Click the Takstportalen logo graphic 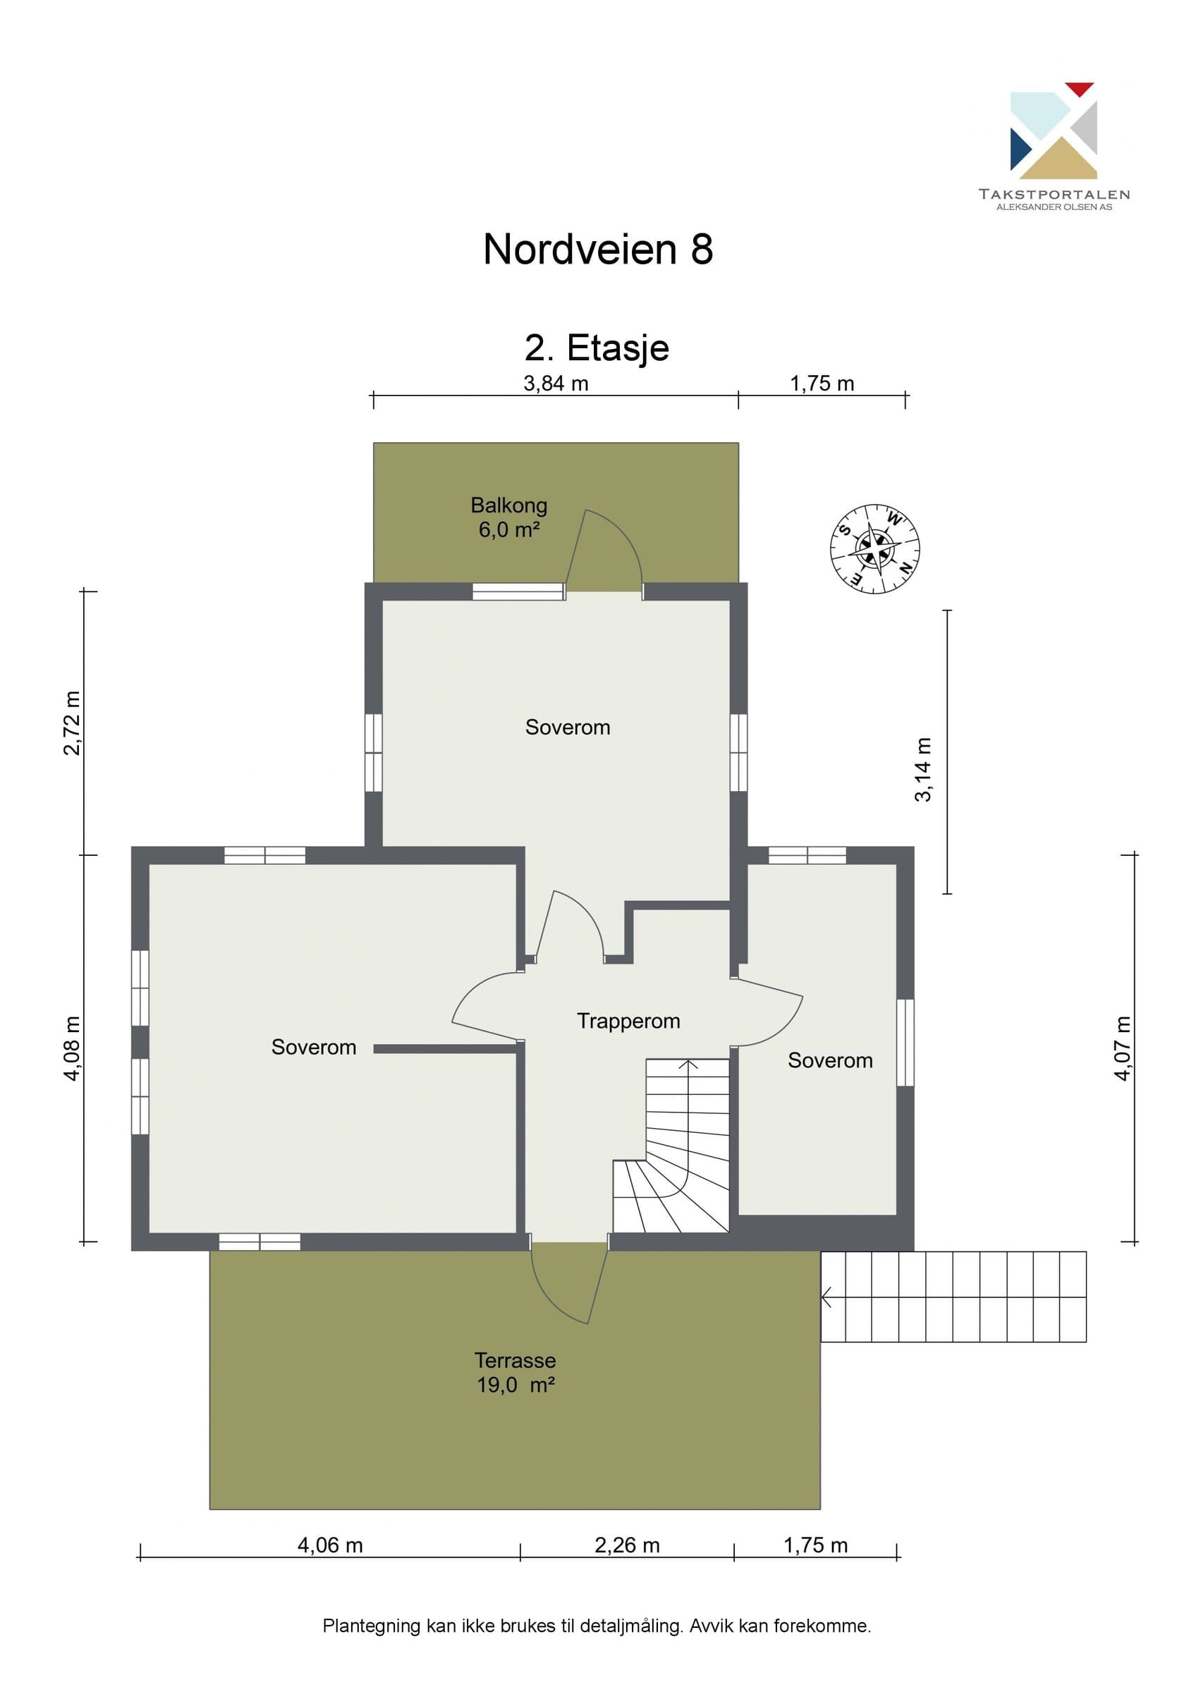coord(1053,130)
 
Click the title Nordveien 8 coord(597,249)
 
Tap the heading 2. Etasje coord(597,348)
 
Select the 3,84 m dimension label coord(556,384)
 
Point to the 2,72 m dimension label coord(72,723)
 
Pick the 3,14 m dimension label coord(922,769)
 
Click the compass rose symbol coord(874,549)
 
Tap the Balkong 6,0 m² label coord(509,517)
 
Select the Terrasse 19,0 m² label coord(515,1372)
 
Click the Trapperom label coord(628,1021)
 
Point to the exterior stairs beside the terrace coord(953,1296)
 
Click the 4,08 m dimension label coord(72,1048)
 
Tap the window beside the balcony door coord(518,591)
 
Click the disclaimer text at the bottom coord(597,1626)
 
